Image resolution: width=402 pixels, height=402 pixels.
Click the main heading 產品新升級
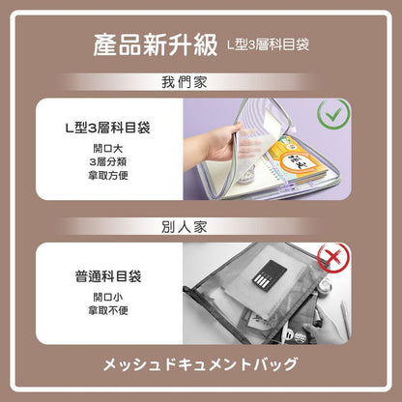click(x=156, y=44)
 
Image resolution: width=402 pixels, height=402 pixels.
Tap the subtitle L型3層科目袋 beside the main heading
click(x=268, y=44)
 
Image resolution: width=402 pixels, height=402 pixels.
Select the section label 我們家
click(x=185, y=82)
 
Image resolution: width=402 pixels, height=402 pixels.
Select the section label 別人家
click(x=185, y=227)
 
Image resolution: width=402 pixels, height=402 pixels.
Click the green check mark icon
click(x=333, y=114)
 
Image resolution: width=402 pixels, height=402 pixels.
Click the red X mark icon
click(x=333, y=258)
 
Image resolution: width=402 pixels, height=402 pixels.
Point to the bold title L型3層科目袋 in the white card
click(x=108, y=128)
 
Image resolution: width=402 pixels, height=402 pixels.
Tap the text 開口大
click(x=108, y=149)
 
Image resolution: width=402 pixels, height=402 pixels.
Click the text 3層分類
click(x=108, y=161)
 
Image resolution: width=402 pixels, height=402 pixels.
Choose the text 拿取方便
click(x=108, y=175)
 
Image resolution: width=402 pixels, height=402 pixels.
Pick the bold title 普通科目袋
click(x=108, y=276)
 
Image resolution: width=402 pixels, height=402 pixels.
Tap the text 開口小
click(x=108, y=297)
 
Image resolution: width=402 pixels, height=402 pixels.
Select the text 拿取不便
click(x=108, y=310)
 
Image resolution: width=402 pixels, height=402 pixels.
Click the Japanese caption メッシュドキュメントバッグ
click(x=200, y=364)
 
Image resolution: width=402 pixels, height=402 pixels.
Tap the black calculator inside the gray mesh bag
click(x=270, y=275)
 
